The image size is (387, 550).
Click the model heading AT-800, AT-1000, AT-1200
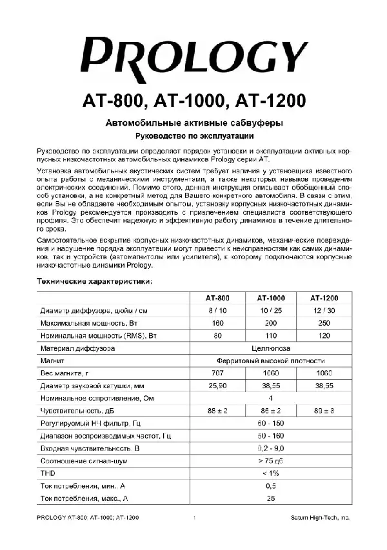[193, 102]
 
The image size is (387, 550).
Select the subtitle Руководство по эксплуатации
[194, 136]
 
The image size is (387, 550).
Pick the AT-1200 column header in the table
[324, 298]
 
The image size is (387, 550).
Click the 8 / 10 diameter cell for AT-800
[217, 310]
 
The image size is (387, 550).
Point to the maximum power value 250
[324, 322]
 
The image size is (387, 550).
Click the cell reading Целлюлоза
[271, 348]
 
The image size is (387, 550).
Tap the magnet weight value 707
[217, 373]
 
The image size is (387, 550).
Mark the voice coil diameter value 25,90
[217, 386]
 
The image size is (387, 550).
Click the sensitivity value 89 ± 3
[324, 411]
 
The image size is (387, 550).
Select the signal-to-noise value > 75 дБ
[271, 461]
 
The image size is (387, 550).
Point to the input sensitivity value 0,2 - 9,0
[271, 448]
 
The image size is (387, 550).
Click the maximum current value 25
[271, 498]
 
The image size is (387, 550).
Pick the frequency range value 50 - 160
[271, 436]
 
